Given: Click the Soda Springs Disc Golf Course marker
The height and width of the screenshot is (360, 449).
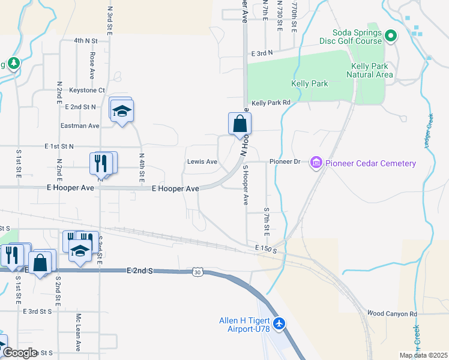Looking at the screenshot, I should click(391, 36).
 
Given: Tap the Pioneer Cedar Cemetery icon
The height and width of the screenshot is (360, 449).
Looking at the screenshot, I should click(316, 163).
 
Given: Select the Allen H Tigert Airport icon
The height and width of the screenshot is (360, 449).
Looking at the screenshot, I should click(279, 324).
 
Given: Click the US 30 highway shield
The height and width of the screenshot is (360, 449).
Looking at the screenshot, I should click(197, 272).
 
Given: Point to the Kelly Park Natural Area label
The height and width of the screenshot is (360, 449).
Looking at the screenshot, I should click(370, 70).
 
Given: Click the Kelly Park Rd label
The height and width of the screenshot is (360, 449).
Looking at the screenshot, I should click(271, 103).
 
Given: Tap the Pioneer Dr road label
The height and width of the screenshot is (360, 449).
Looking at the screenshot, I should click(285, 162).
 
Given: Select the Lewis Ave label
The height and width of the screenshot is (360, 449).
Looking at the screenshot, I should click(202, 162).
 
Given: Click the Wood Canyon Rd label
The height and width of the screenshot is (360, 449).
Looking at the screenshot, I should click(392, 314).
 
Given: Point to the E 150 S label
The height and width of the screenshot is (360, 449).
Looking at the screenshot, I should click(265, 248).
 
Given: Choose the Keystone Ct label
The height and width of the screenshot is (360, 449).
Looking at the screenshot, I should click(87, 91).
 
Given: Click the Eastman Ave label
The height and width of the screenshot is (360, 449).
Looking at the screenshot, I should click(80, 126).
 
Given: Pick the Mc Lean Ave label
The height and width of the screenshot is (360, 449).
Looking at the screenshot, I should click(78, 332).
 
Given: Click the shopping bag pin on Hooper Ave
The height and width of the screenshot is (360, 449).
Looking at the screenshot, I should click(240, 124).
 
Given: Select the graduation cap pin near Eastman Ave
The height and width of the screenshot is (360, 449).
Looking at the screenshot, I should click(122, 112).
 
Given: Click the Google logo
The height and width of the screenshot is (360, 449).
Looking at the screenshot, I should click(20, 353).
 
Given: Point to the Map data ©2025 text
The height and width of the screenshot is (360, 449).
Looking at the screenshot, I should click(423, 355).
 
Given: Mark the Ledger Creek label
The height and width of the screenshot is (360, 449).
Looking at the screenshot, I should click(429, 128).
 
